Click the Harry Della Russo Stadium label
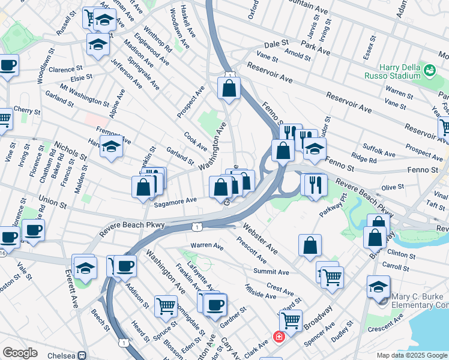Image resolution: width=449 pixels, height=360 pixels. pyautogui.click(x=392, y=71)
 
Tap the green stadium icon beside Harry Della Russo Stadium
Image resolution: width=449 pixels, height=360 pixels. pyautogui.click(x=430, y=71)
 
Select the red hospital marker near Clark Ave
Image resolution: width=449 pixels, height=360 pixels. pyautogui.click(x=278, y=337)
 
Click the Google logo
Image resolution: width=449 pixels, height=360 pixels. pyautogui.click(x=20, y=353)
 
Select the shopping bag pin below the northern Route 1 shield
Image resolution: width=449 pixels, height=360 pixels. pyautogui.click(x=229, y=89)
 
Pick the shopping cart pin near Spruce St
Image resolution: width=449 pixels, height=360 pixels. pyautogui.click(x=166, y=305)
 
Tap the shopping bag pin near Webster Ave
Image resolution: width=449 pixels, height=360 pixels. pyautogui.click(x=310, y=245)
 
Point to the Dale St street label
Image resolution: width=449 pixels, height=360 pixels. pyautogui.click(x=276, y=44)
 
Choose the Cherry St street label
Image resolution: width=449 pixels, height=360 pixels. pyautogui.click(x=26, y=112)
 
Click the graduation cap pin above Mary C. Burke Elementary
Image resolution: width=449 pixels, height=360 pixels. pyautogui.click(x=378, y=286)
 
